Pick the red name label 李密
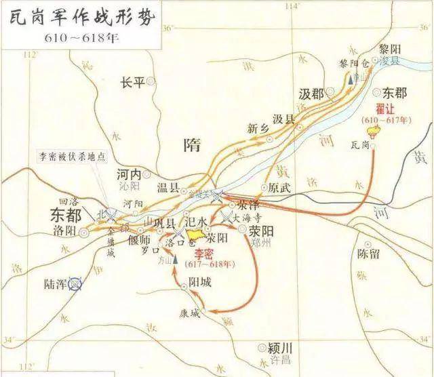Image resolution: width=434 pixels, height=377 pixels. [x=198, y=254]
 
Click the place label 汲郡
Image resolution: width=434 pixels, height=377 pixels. [x=312, y=93]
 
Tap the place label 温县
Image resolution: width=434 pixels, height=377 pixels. [x=170, y=189]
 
